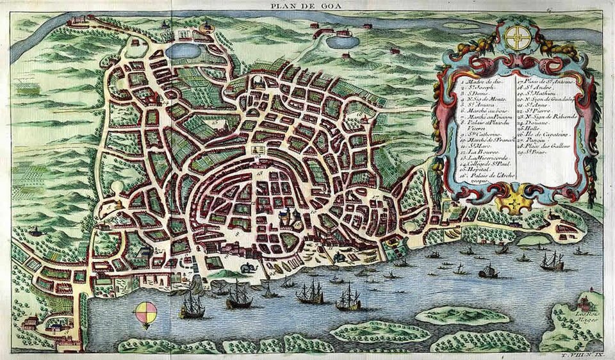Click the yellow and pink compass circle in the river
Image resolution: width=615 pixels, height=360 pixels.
click(145, 313)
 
